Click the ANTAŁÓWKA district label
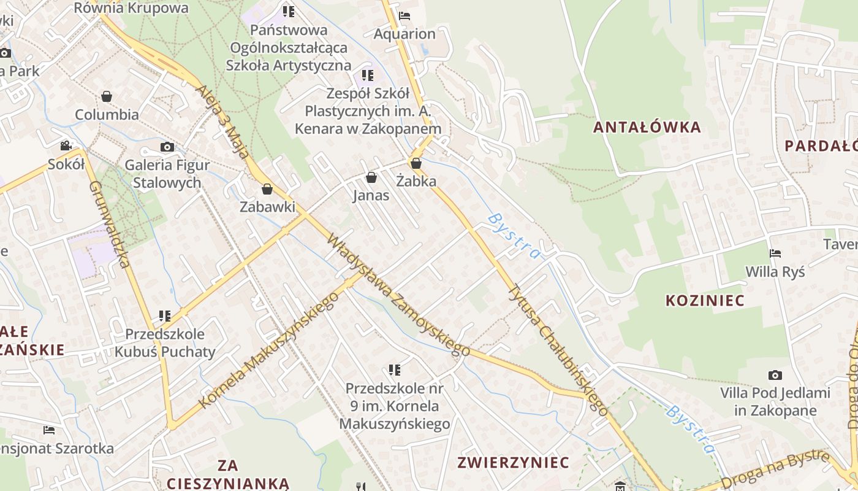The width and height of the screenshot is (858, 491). (647, 128)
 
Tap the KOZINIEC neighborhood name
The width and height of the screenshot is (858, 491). (705, 301)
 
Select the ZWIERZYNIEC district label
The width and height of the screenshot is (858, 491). (514, 462)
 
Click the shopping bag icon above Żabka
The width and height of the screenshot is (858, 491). (416, 163)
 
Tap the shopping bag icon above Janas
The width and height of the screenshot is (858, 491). (371, 178)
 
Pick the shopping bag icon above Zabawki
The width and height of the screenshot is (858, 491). (267, 189)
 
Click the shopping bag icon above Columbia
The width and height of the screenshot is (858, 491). (107, 96)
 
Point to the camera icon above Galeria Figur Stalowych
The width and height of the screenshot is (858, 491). (167, 147)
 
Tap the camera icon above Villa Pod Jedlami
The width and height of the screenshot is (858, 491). (775, 375)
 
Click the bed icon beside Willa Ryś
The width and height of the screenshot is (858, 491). (775, 253)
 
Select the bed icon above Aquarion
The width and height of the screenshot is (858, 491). (404, 16)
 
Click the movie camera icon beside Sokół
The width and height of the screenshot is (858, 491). (66, 146)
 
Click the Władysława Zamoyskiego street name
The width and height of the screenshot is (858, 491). (398, 295)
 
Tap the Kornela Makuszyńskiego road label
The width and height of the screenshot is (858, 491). (270, 350)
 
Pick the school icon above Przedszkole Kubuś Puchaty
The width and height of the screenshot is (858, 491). (164, 316)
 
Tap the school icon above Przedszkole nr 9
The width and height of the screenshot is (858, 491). (395, 370)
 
